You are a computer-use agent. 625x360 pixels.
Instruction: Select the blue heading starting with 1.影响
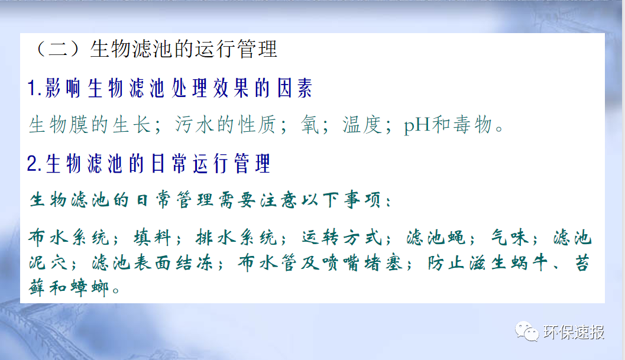pyautogui.click(x=170, y=89)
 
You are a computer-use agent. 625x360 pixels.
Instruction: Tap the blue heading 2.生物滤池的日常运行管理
pyautogui.click(x=148, y=163)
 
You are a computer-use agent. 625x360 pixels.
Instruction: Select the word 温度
pyautogui.click(x=362, y=125)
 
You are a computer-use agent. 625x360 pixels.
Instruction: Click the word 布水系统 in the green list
pyautogui.click(x=69, y=238)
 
